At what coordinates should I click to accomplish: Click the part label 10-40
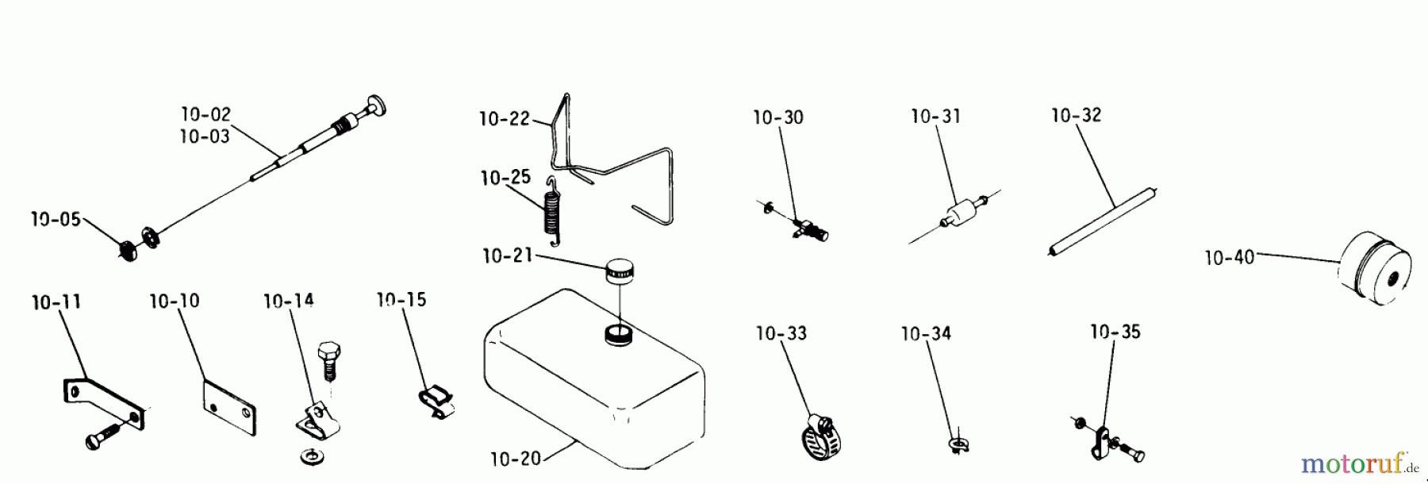tap(1229, 257)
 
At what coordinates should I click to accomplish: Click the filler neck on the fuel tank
tap(617, 334)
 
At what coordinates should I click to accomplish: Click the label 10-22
tap(504, 119)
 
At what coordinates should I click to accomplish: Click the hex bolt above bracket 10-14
tap(328, 360)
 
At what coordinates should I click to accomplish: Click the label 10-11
tap(56, 302)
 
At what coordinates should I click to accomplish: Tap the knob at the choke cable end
tap(372, 106)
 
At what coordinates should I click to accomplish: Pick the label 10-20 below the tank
tap(516, 458)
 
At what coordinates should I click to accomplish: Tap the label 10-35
tap(1115, 332)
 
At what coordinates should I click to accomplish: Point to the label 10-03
tap(205, 136)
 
